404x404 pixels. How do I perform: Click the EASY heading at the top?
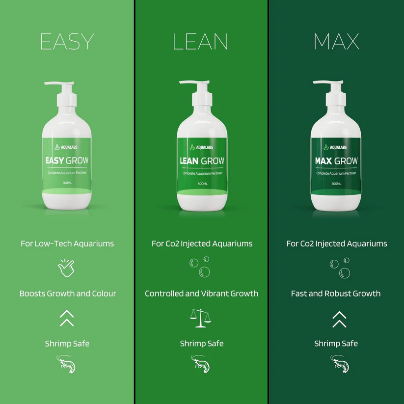(67, 42)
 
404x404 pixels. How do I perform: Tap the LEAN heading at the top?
(200, 42)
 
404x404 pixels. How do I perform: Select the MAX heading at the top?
(336, 42)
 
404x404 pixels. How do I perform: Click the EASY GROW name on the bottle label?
(67, 161)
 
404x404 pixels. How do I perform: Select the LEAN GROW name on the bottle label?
(202, 161)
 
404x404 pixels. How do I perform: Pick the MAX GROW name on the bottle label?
(336, 161)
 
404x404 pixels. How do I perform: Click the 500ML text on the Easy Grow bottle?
(67, 183)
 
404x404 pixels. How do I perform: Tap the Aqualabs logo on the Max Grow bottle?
(336, 147)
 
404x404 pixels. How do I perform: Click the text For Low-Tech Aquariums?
(67, 243)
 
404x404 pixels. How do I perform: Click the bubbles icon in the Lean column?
(200, 268)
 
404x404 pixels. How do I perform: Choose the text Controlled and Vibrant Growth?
(201, 294)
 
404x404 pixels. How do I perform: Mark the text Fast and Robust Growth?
(336, 294)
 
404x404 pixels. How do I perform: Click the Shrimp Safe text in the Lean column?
(201, 344)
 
